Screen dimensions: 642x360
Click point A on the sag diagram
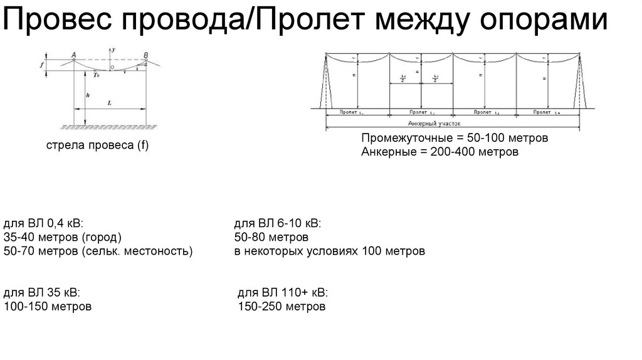tap(74, 55)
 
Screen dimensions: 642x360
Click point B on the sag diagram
tap(146, 55)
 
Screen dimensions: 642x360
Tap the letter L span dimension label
tap(110, 102)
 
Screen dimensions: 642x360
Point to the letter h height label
tap(89, 94)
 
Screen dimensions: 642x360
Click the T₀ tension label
tap(96, 75)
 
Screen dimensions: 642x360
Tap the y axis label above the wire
tap(113, 49)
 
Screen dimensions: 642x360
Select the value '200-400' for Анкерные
tap(446, 152)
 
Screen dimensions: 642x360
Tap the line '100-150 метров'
tap(48, 307)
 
